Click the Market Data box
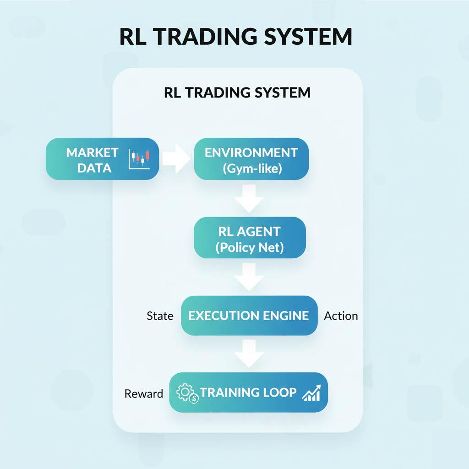pyautogui.click(x=102, y=159)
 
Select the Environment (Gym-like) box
pyautogui.click(x=251, y=159)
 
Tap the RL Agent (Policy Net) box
pyautogui.click(x=250, y=238)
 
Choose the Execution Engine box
pyautogui.click(x=249, y=316)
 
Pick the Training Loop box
pyautogui.click(x=248, y=393)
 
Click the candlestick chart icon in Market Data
pyautogui.click(x=140, y=159)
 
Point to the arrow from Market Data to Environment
pyautogui.click(x=176, y=159)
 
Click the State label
pyautogui.click(x=160, y=316)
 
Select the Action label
pyautogui.click(x=341, y=316)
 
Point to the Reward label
pyautogui.click(x=143, y=394)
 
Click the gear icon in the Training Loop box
pyautogui.click(x=185, y=393)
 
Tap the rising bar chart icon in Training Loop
pyautogui.click(x=312, y=393)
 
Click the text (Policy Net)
pyautogui.click(x=250, y=248)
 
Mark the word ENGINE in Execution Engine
pyautogui.click(x=284, y=316)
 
